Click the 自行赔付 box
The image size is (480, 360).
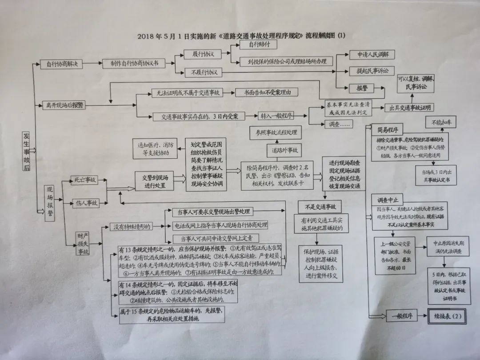click(257, 45)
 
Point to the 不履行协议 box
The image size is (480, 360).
click(204, 72)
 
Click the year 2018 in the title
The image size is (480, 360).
click(147, 36)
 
